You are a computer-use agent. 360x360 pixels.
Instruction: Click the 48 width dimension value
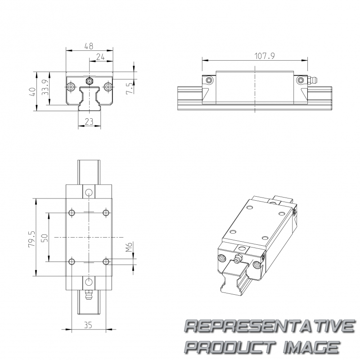coord(89,46)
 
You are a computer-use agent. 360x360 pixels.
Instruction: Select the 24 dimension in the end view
coord(100,57)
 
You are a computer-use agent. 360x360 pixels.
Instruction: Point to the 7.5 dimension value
coord(129,88)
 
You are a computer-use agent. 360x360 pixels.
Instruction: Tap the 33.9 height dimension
coord(45,87)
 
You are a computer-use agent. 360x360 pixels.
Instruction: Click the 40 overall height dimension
coord(33,92)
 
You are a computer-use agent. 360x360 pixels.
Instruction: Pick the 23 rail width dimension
coord(89,121)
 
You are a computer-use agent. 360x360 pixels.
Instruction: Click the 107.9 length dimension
coord(265,56)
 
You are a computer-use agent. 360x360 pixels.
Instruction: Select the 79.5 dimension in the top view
coord(32,239)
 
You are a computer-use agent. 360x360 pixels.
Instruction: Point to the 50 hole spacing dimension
coord(45,238)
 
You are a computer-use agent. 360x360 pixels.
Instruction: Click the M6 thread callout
coord(129,247)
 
